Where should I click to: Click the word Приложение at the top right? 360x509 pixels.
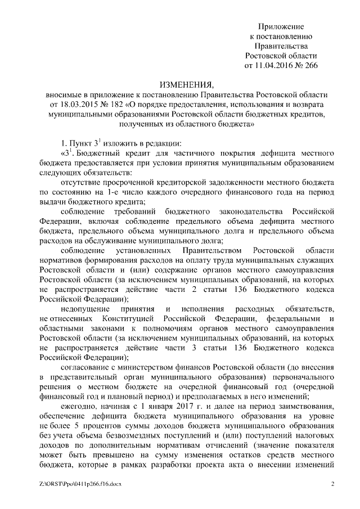[x=281, y=26]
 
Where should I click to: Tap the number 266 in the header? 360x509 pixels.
[x=311, y=65]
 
